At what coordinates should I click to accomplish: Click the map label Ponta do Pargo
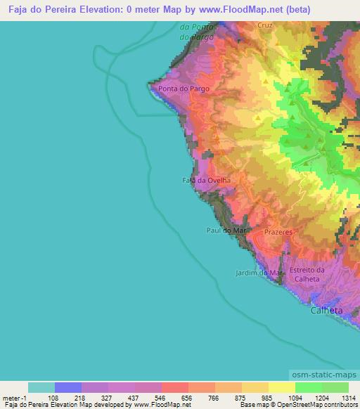coord(184,89)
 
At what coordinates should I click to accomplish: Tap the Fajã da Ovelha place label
coord(202,180)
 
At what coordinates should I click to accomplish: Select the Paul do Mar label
coord(225,230)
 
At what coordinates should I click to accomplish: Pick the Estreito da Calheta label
coord(307,274)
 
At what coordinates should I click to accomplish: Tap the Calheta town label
coord(327,310)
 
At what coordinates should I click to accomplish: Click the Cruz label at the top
coord(264,25)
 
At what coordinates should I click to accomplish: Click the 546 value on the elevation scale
coord(159,397)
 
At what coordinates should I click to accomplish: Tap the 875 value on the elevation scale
coord(239,397)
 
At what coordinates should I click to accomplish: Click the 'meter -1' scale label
coord(14,397)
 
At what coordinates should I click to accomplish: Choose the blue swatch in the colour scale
coord(68,387)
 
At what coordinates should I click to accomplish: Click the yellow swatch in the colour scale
coord(282,387)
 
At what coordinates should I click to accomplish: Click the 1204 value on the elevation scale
coord(321,397)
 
